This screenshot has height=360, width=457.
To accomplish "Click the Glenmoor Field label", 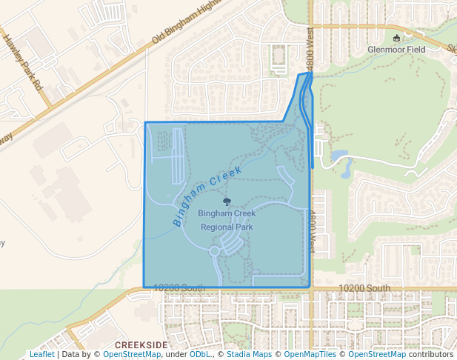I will coord(397,50).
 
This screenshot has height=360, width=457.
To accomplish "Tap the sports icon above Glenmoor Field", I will coord(397,38).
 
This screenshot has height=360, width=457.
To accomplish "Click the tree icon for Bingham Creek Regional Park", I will coord(227,201).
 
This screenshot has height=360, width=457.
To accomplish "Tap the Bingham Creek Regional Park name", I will coord(227,220).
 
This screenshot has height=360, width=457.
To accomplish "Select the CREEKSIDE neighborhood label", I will coord(141,345).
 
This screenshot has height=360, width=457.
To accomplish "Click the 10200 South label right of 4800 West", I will coord(364,288).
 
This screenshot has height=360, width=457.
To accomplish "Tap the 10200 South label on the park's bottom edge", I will coord(179,287).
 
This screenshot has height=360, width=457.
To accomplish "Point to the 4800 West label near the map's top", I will coord(310,46).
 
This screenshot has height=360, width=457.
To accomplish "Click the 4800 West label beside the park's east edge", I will coord(313,232).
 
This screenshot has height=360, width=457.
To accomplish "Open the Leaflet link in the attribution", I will coord(41,354).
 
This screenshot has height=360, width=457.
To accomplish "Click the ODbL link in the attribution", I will coord(200,354).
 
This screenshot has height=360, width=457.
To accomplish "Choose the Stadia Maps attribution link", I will coord(249,354).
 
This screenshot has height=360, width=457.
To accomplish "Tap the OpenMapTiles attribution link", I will coord(310,354).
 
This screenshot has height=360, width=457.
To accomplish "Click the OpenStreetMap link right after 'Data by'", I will coord(132,354).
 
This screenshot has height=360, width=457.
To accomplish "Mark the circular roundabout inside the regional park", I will coord(215,251).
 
